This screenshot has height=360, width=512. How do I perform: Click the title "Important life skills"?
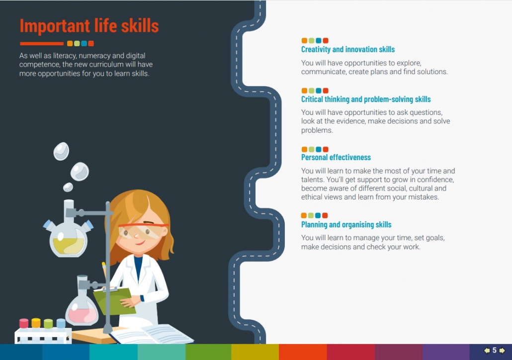coord(89,26)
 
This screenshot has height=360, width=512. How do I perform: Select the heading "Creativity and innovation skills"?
coord(348,50)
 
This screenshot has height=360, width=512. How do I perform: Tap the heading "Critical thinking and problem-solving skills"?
coord(366,99)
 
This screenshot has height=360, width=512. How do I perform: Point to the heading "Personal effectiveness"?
coord(336,158)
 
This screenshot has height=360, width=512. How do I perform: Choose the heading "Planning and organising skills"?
coord(346,225)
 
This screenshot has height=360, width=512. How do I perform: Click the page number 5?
coord(495,351)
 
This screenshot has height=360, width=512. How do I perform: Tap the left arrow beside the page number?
coord(487,351)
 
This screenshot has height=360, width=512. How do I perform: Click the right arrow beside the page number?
coord(502,351)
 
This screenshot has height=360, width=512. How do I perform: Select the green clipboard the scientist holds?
coord(114,300)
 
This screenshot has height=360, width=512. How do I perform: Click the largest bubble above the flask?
coord(80,172)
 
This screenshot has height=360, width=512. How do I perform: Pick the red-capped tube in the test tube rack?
coord(24,323)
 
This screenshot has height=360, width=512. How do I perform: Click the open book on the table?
coord(152,334)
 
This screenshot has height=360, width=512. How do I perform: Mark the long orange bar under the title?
coord(41,43)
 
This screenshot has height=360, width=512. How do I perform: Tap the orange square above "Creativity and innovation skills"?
coord(304,40)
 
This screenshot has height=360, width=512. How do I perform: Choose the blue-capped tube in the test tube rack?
coord(61,323)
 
